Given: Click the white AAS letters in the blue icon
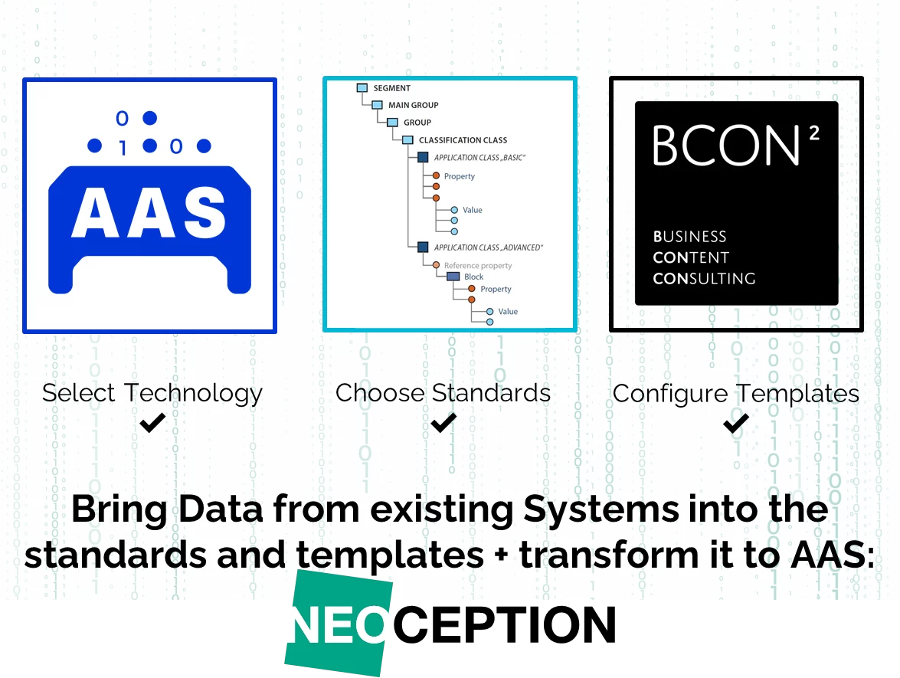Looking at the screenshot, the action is tap(149, 212).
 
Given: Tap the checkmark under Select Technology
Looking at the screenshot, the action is tap(152, 423).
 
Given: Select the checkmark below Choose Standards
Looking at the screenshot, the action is tap(443, 423).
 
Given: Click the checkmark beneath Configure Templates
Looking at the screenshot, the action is tap(736, 424).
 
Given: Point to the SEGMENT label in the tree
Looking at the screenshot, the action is tap(392, 88).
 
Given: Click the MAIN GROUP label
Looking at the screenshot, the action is tap(414, 105).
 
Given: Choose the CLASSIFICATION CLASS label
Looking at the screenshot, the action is tap(463, 140).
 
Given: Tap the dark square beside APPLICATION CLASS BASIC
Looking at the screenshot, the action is tap(423, 157).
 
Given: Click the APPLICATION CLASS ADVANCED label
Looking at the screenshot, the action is tap(488, 247).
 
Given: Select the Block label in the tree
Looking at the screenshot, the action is tap(473, 277).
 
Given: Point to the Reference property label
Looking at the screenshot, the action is tap(477, 266).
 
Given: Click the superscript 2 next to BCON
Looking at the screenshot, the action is tap(814, 133).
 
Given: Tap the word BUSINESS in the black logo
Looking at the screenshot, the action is tap(689, 237).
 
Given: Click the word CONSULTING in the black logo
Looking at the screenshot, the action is tap(704, 278).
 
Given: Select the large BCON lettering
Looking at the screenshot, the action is tap(726, 146).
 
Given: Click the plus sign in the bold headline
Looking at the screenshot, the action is tap(502, 556).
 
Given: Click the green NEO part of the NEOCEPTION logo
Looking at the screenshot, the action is tap(338, 624).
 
